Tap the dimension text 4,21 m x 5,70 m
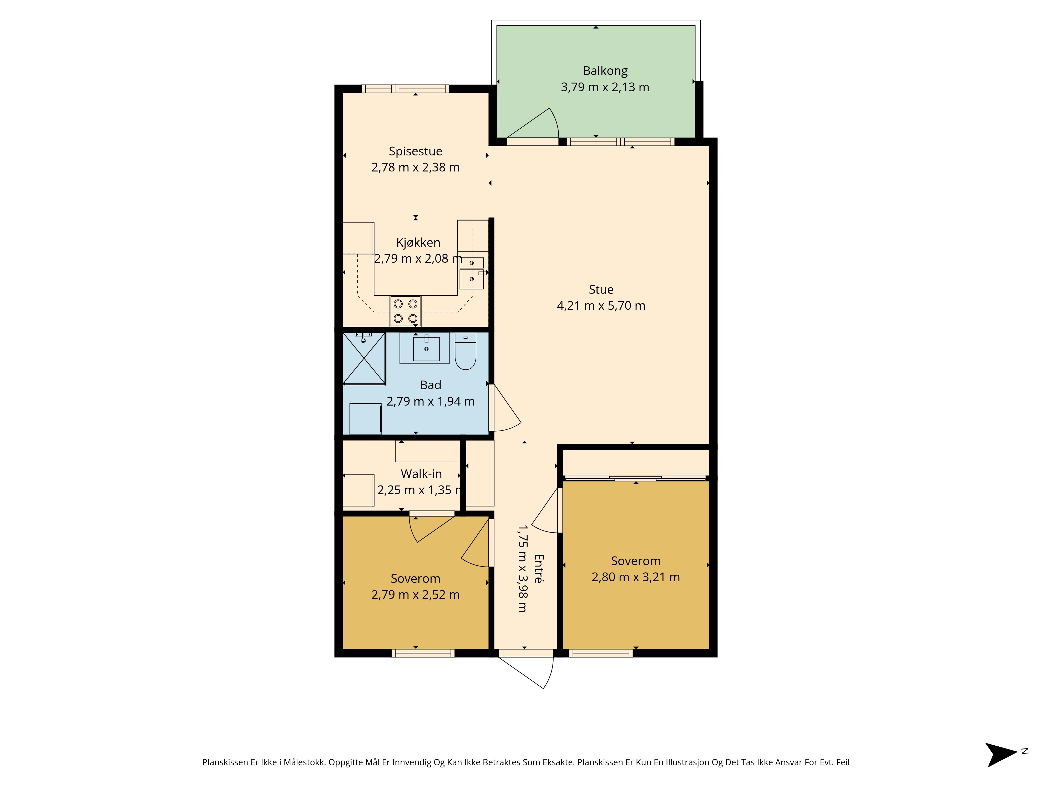point(601,306)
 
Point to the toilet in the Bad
point(465,351)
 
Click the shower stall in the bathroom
point(364,358)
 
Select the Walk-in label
point(421,474)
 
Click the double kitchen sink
point(471,273)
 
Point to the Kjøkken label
point(418,242)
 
